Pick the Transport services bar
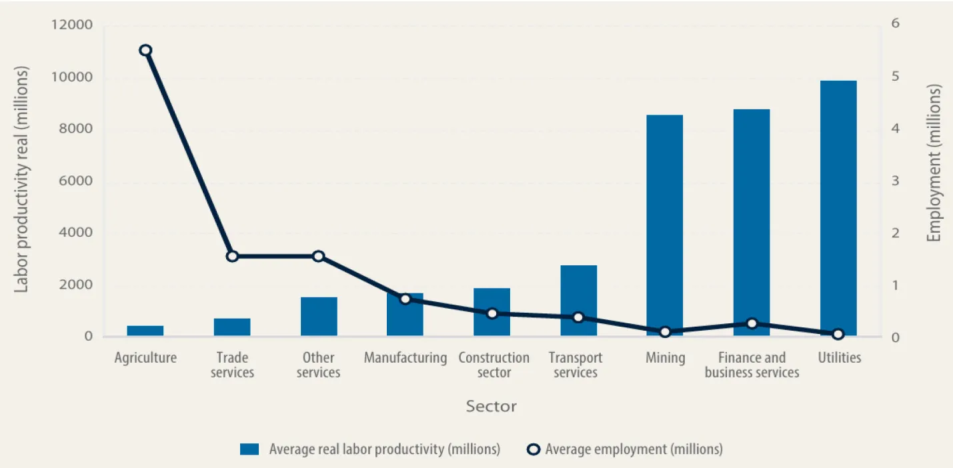pos(578,301)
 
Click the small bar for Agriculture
pos(145,331)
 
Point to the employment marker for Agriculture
pos(145,51)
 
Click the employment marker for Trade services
pos(232,256)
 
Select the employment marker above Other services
pos(319,256)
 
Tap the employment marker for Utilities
pos(838,334)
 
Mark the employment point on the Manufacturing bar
pos(405,299)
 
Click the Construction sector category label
pos(494,365)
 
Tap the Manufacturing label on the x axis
pos(405,358)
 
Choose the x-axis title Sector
pos(491,406)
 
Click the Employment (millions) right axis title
pos(934,163)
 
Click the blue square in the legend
pos(249,449)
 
